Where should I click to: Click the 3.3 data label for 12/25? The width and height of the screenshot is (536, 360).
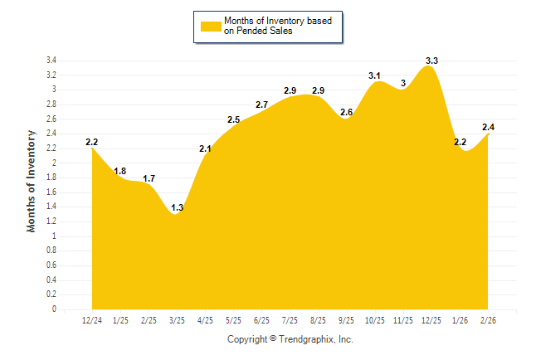pyautogui.click(x=431, y=61)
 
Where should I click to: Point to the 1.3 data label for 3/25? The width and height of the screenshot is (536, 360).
pyautogui.click(x=177, y=207)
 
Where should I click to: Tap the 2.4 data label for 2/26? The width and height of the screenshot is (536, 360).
pyautogui.click(x=488, y=127)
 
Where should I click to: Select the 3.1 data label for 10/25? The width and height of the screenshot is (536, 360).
pyautogui.click(x=375, y=75)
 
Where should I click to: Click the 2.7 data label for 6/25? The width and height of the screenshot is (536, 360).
pyautogui.click(x=261, y=105)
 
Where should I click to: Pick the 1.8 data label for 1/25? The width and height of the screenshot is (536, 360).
pyautogui.click(x=120, y=171)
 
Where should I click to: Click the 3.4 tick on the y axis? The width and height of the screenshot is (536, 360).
pyautogui.click(x=51, y=61)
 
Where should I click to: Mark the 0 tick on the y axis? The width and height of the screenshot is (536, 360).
pyautogui.click(x=54, y=309)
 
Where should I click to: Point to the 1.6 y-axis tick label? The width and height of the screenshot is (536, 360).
pyautogui.click(x=51, y=192)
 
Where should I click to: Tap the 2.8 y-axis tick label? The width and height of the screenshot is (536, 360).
pyautogui.click(x=51, y=105)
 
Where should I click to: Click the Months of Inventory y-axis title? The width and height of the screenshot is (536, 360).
pyautogui.click(x=32, y=180)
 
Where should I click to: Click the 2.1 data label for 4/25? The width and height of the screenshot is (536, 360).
pyautogui.click(x=205, y=148)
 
